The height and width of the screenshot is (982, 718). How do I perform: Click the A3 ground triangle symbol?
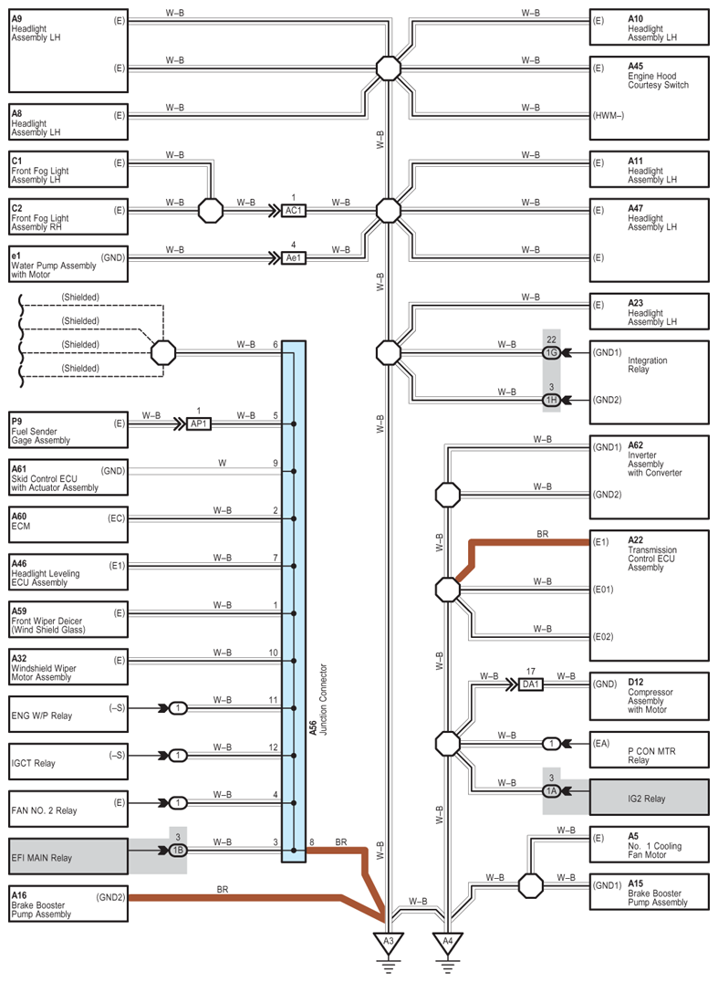pos(388,942)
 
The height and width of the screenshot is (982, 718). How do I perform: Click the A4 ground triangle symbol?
pos(448,942)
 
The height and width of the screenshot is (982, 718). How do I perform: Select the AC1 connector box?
pos(294,211)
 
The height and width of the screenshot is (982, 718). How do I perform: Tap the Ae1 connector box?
pos(294,257)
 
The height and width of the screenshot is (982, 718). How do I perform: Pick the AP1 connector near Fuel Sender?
pos(199,424)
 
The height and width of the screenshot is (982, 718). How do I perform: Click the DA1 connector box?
pos(531,684)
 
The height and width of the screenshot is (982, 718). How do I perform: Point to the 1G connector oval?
pos(551,352)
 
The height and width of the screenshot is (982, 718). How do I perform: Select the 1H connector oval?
pos(551,400)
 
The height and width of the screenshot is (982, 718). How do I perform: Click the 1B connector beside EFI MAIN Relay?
pos(178,851)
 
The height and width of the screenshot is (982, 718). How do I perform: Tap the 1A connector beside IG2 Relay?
pos(551,791)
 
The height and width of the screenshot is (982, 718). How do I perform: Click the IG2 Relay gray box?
pos(650,798)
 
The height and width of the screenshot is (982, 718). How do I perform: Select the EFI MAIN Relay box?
pos(68,857)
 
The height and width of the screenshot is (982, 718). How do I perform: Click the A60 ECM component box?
pos(68,525)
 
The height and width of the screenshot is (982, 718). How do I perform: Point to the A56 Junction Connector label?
pos(318,700)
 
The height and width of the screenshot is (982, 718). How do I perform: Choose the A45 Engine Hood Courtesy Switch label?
pos(658,75)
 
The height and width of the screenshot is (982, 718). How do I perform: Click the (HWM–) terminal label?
pos(609,116)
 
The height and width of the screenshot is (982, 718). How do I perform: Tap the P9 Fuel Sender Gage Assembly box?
pos(68,430)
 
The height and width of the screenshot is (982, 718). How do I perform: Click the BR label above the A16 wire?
pos(223,889)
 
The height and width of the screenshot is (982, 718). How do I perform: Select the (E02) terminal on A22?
pos(603,637)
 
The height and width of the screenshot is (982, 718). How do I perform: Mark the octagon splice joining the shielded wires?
pos(163,352)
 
